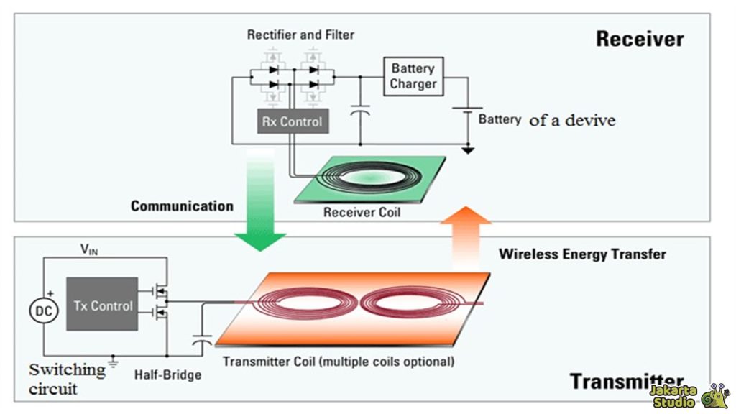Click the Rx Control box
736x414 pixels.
pos(292,121)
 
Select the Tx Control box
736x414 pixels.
pos(103,305)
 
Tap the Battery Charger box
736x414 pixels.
pos(413,77)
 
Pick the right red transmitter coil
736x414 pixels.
pos(405,303)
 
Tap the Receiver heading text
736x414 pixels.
pos(639,39)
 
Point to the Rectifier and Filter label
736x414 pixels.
pos(300,34)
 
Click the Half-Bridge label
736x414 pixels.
pos(167,375)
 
